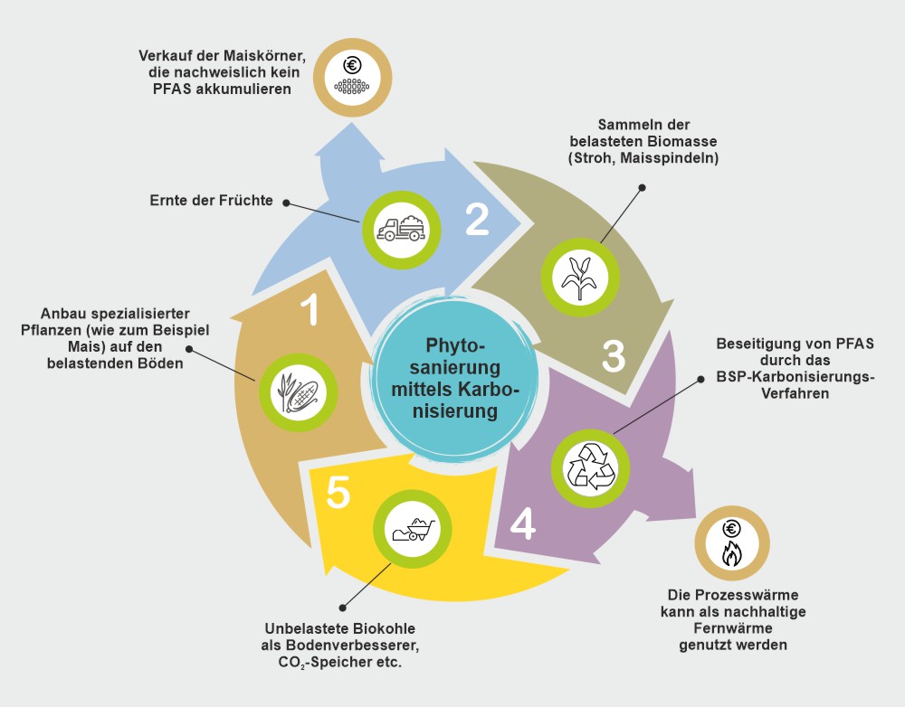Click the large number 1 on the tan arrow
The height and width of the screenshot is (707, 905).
tap(310, 309)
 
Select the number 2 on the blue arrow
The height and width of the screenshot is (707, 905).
tap(477, 220)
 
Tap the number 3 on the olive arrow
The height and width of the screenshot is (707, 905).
tap(614, 356)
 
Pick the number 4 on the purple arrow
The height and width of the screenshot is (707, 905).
tap(522, 523)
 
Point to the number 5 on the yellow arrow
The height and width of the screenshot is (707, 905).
tap(338, 493)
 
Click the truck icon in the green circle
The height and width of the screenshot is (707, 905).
tap(402, 229)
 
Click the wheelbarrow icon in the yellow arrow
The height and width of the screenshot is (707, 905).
tap(413, 530)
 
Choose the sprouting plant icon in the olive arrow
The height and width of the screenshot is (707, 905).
tap(580, 278)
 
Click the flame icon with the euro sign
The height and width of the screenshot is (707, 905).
tap(731, 544)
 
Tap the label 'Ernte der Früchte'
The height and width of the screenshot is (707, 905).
tap(211, 200)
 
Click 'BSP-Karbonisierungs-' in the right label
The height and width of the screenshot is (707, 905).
tap(795, 377)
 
